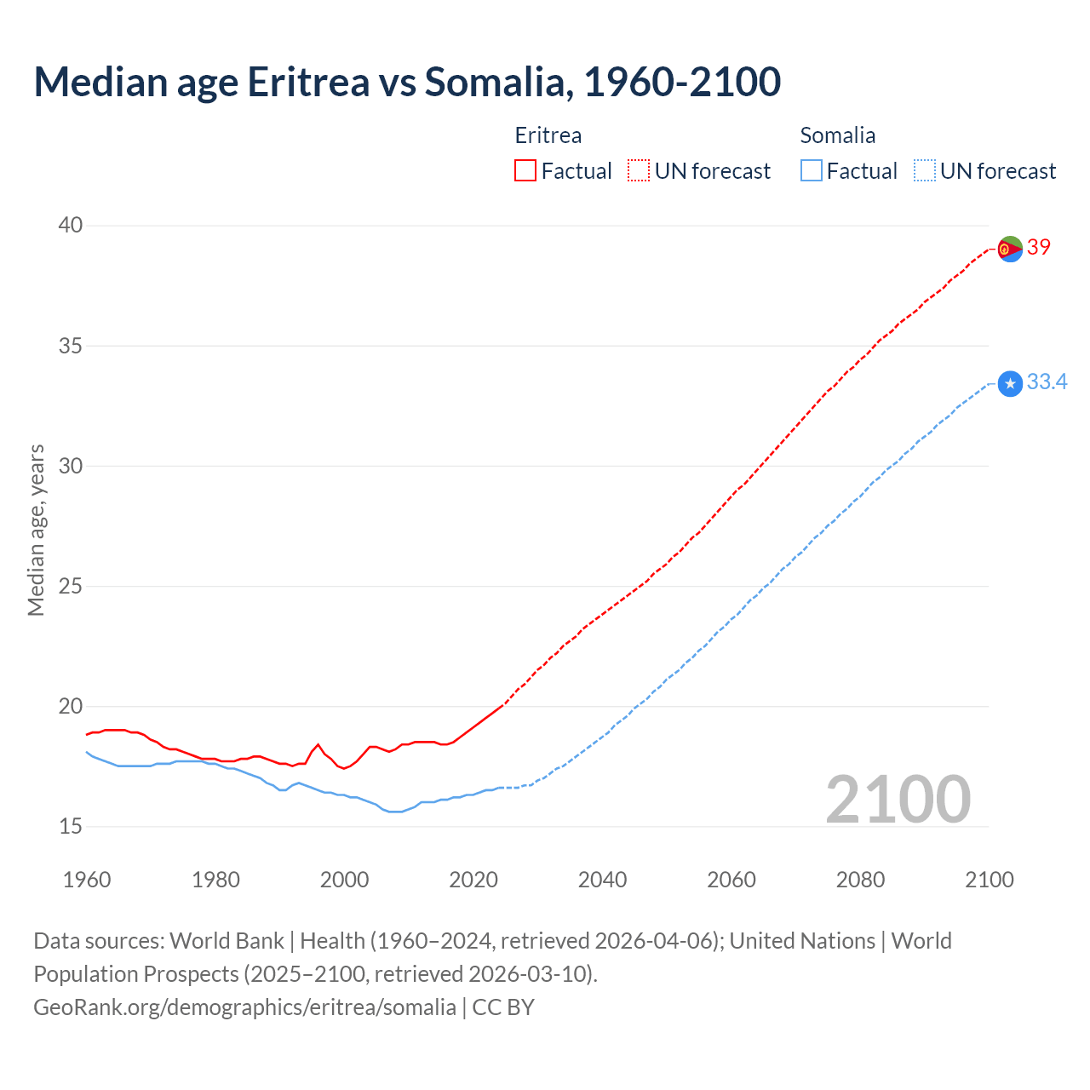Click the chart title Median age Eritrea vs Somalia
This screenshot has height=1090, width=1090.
click(407, 82)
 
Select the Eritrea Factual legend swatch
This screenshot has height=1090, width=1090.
click(525, 171)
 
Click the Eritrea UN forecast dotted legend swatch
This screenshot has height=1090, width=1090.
click(639, 171)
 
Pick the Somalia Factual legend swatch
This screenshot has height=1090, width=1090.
click(812, 171)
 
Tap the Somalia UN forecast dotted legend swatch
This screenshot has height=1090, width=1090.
click(925, 171)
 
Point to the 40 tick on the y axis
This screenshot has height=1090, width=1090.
click(71, 226)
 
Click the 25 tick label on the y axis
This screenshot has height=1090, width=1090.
click(71, 586)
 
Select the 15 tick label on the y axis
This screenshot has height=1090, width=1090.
click(71, 826)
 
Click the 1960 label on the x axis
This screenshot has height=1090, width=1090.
click(87, 880)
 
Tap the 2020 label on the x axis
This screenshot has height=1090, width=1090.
click(473, 880)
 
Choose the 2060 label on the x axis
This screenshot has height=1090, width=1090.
click(731, 880)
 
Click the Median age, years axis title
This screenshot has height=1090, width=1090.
click(36, 530)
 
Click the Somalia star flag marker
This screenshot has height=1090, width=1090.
click(1010, 384)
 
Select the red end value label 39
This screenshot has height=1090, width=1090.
click(1039, 247)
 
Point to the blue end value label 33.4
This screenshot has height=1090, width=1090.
click(1047, 382)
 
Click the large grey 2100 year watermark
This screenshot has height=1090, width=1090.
click(898, 800)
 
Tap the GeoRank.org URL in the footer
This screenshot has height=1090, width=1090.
click(244, 1007)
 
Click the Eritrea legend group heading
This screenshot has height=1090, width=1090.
click(548, 135)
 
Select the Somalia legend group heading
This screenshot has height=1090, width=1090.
click(838, 135)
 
